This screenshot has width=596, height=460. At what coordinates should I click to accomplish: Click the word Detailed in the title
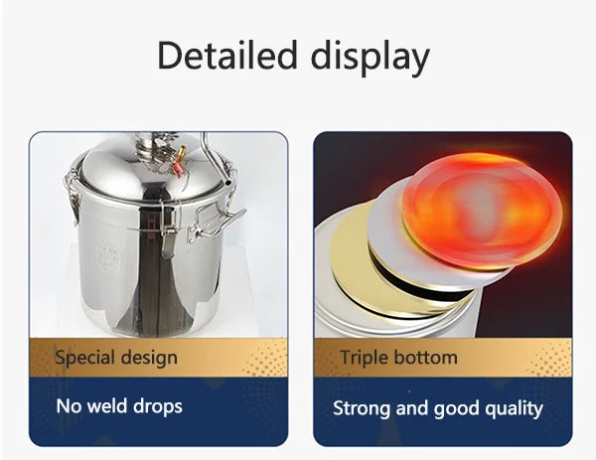tap(223, 57)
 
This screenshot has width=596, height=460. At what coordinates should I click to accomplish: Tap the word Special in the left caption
tap(83, 357)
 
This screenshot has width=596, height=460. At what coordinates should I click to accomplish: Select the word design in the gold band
tap(147, 357)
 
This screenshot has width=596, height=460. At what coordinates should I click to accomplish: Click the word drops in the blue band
tap(162, 405)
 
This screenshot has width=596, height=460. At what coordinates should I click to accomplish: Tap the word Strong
tap(362, 407)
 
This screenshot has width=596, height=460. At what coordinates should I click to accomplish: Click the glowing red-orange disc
tap(481, 209)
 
